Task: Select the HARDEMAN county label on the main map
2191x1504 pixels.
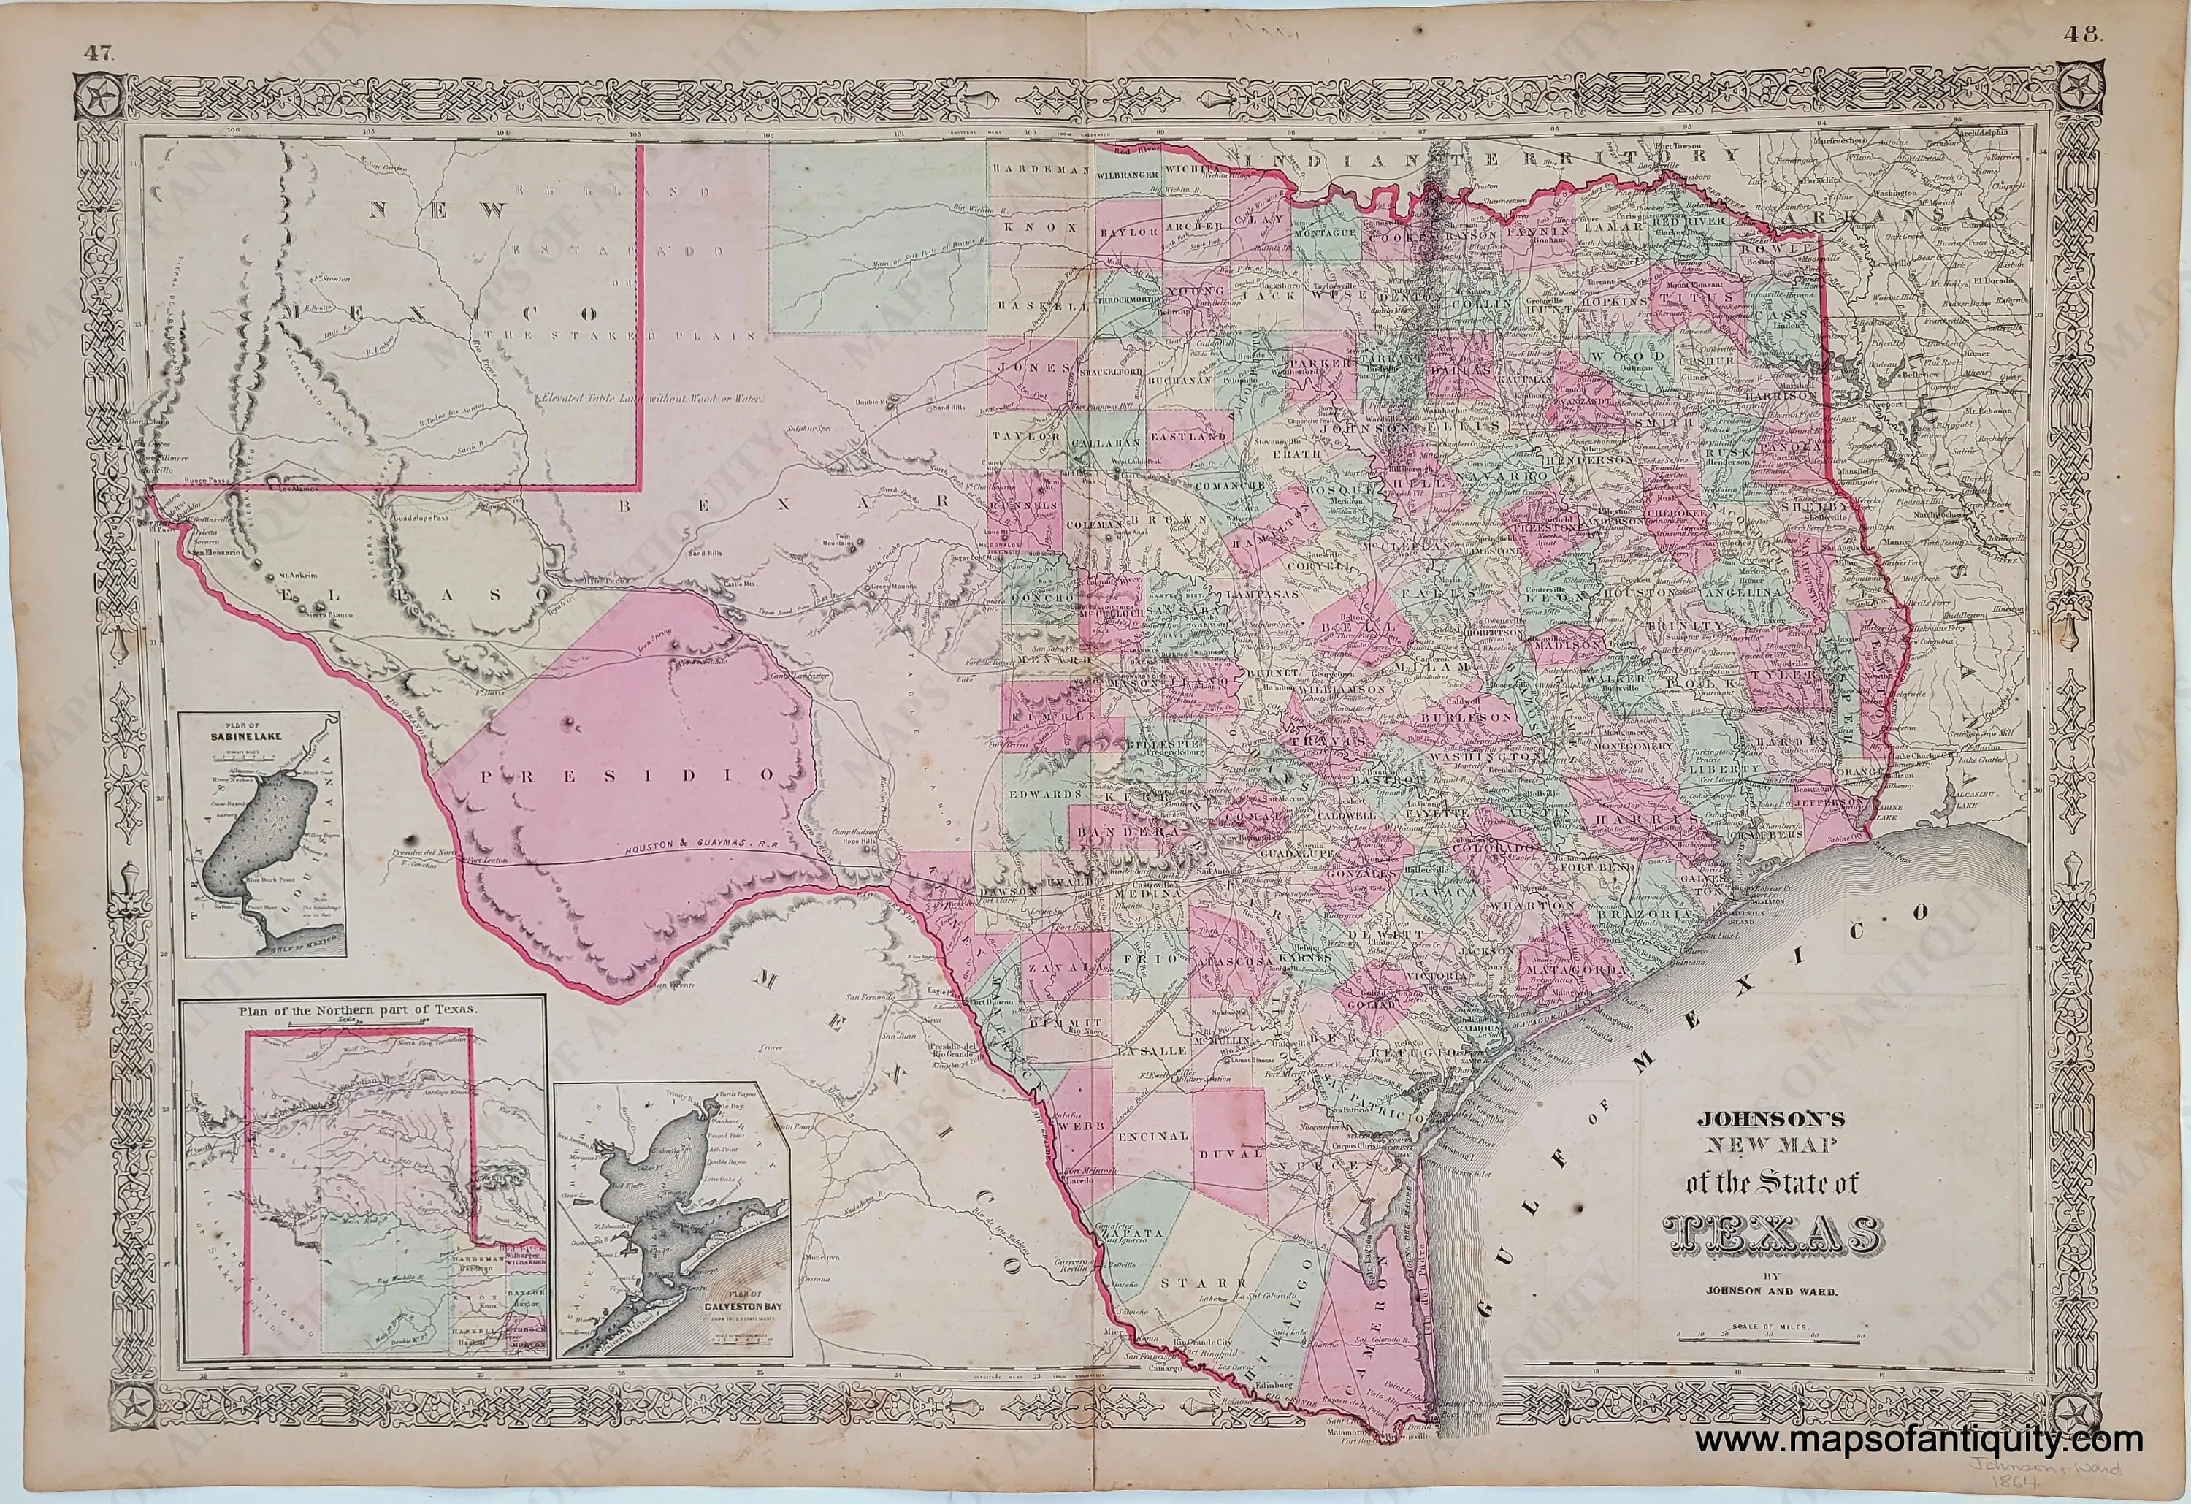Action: [1033, 168]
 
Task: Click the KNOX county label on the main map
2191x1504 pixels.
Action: [1034, 227]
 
